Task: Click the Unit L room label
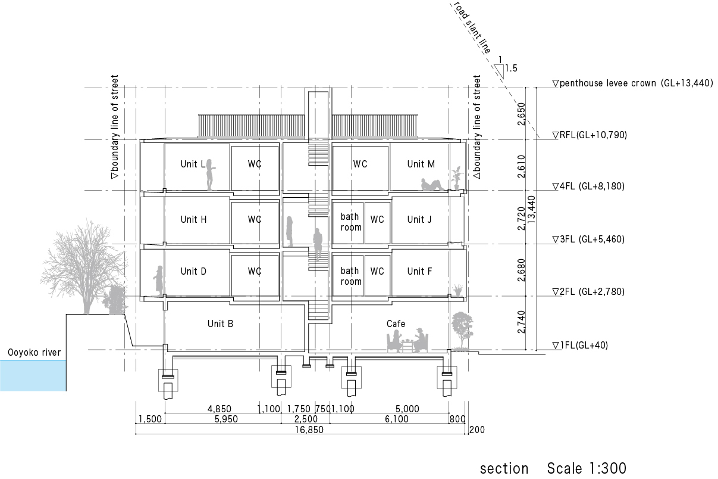tap(193, 164)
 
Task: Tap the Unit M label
tap(421, 164)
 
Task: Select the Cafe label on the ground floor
tap(396, 324)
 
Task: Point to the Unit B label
tap(220, 324)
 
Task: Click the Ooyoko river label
tap(35, 353)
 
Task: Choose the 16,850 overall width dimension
tap(309, 430)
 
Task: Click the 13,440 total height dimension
tap(531, 210)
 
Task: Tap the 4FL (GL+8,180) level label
tap(588, 186)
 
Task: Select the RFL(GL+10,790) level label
tap(590, 135)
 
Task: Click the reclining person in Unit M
tap(432, 185)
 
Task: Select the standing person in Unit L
tap(210, 175)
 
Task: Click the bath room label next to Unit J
tap(350, 222)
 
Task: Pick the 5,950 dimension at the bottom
tap(226, 419)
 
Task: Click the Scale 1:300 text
tap(587, 468)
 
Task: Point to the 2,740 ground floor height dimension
tap(522, 322)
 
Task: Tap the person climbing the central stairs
tap(318, 245)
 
